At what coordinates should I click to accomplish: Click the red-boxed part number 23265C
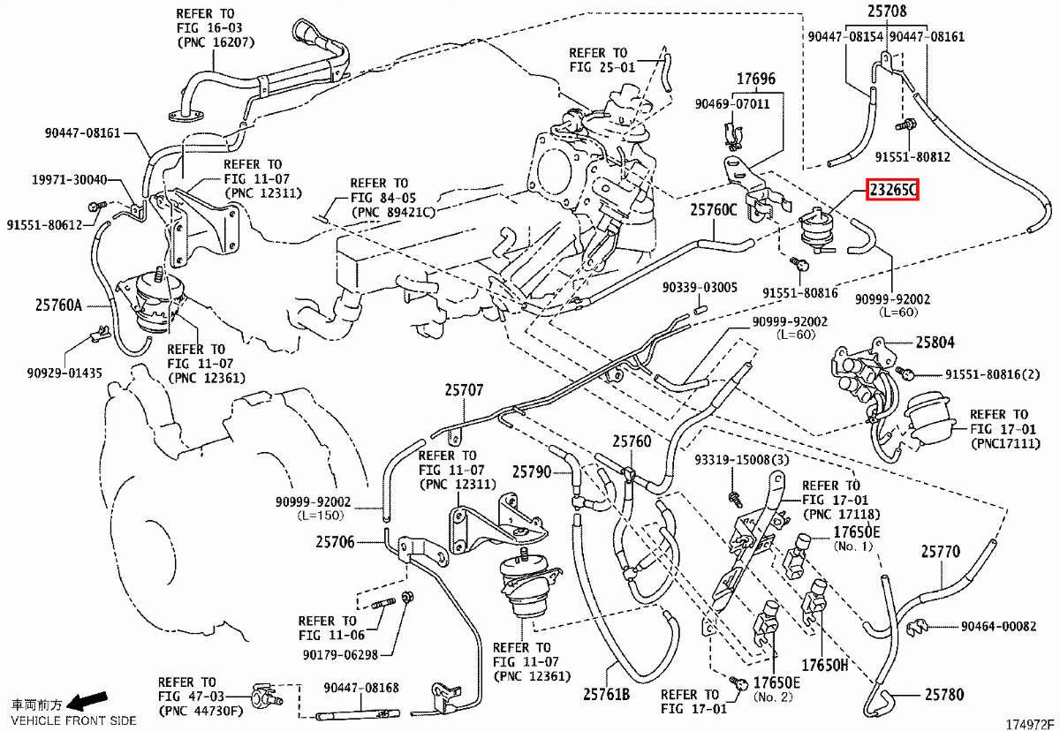pos(892,190)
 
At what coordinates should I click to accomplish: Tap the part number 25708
pos(887,11)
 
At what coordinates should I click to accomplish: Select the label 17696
pos(756,79)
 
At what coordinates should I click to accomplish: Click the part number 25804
pos(935,342)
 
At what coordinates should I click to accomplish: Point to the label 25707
pos(465,390)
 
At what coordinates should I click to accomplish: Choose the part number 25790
pos(532,472)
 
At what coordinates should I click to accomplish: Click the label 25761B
pos(607,694)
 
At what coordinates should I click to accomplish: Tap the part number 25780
pos(944,695)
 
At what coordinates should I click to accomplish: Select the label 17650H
pos(824,666)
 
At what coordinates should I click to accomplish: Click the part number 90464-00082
pos(998,627)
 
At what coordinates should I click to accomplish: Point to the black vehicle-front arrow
pos(87,701)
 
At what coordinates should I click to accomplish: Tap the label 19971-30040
pos(70,180)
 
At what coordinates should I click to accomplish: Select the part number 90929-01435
pos(64,373)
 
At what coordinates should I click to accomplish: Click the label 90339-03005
pos(700,288)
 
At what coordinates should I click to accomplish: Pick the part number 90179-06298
pos(340,655)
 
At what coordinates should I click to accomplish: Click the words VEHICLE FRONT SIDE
pos(73,720)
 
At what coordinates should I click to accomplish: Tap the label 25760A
pos(58,305)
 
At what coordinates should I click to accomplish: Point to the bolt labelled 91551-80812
pos(905,125)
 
